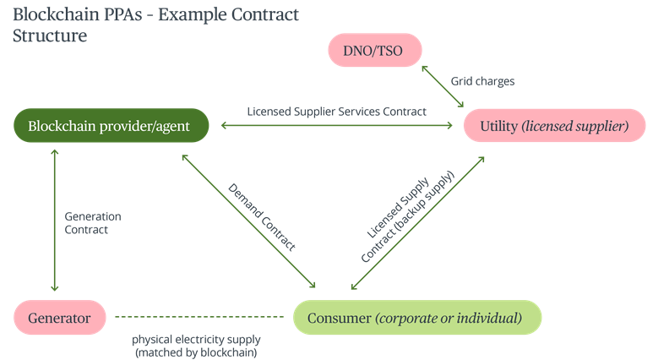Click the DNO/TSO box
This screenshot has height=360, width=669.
[x=373, y=52]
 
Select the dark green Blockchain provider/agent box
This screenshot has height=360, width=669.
[x=111, y=126]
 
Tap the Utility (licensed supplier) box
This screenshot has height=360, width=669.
[x=555, y=126]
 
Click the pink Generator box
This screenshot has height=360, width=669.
[x=59, y=318]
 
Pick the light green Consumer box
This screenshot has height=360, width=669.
[x=417, y=318]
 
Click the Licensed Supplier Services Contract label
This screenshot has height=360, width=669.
[x=336, y=111]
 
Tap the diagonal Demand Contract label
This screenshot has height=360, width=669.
[x=263, y=216]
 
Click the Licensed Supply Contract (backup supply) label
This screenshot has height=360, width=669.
[x=405, y=220]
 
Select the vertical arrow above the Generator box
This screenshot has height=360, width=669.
[x=54, y=220]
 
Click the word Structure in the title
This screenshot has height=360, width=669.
[x=49, y=36]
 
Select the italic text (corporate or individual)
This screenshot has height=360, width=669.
[x=449, y=318]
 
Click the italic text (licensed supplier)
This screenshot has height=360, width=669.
[x=574, y=126]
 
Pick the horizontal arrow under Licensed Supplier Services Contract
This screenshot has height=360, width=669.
[x=336, y=126]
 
